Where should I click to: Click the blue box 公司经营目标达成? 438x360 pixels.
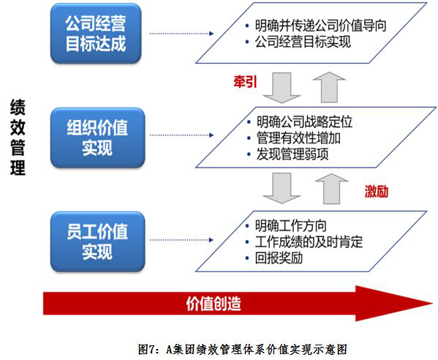coord(96,34)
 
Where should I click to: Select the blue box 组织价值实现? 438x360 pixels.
coord(97,138)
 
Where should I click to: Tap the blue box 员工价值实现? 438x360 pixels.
coord(97,241)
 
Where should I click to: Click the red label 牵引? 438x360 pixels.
coord(245,82)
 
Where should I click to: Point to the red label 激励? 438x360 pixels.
coord(377,192)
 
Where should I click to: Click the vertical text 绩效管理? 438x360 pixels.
coord(18,137)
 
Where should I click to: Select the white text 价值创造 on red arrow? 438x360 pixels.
coord(214,304)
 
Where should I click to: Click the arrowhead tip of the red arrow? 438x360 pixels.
coord(433,303)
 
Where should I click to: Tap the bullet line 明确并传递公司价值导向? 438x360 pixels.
coord(316,26)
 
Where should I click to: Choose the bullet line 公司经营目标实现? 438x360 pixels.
coord(298,42)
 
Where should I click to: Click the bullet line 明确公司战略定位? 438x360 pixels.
coord(300,122)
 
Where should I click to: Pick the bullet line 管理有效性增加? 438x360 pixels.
coord(293,138)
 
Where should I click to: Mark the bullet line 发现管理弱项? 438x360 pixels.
coord(287,154)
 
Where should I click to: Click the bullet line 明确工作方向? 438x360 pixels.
coord(286,226)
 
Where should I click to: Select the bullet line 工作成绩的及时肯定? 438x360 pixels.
coord(303,241)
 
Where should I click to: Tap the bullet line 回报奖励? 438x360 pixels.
coord(273,258)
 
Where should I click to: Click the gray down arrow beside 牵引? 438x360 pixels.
coord(282,88)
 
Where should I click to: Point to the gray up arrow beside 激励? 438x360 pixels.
coord(331,189)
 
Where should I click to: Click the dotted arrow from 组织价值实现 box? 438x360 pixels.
coord(181,135)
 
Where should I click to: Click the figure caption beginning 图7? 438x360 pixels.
coord(243,349)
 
